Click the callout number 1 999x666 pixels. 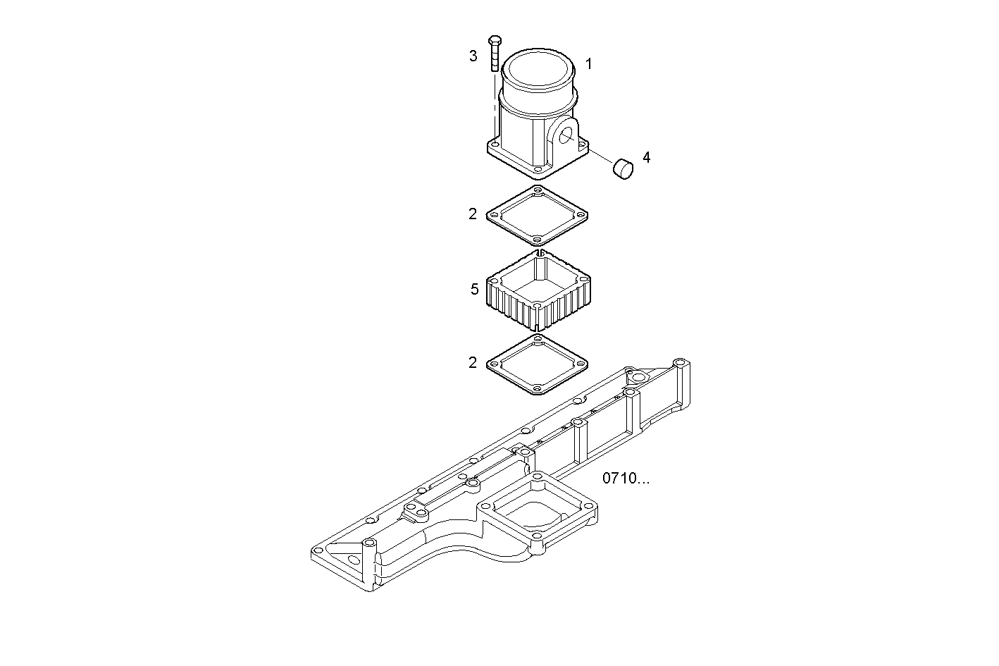click(x=589, y=64)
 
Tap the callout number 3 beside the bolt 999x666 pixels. click(x=473, y=56)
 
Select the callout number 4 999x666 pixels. click(x=646, y=157)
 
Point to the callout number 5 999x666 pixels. click(x=474, y=289)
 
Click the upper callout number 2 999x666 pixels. click(x=473, y=214)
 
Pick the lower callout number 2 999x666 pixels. click(x=473, y=363)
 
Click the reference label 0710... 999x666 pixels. click(x=626, y=479)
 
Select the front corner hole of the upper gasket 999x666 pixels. click(x=537, y=239)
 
